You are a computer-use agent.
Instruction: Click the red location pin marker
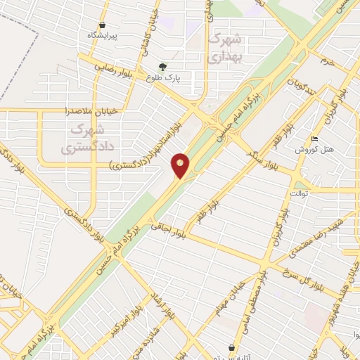pos(181,165)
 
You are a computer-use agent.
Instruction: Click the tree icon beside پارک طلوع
pos(163,67)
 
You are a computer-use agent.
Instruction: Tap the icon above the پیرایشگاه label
pos(103,25)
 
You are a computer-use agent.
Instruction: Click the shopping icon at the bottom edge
pos(232,347)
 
